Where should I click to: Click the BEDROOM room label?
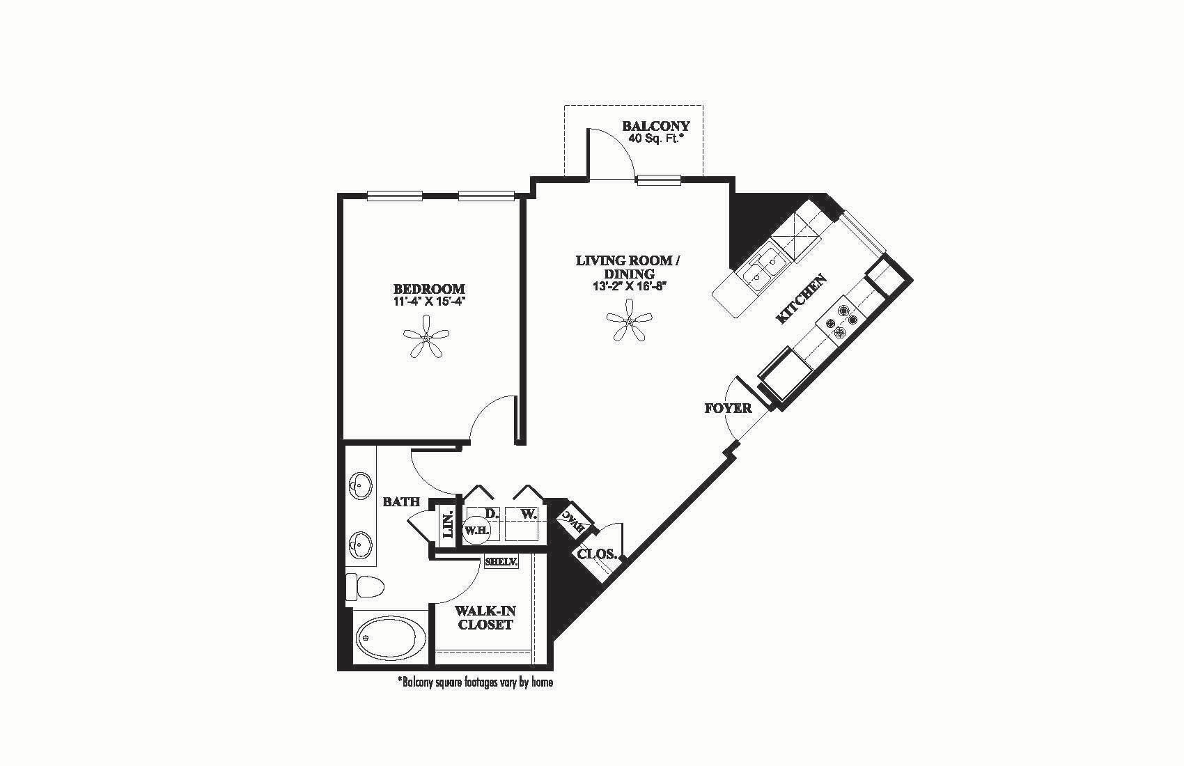429,289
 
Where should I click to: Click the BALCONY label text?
655,126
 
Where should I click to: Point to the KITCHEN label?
802,299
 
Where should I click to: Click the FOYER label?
728,408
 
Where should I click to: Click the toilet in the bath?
364,586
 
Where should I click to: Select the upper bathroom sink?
361,485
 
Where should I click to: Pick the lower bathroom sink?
361,542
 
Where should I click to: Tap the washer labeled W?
529,515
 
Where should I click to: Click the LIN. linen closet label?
448,526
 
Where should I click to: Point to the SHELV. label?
501,562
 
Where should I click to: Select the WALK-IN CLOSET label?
485,618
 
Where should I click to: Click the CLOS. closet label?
597,555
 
